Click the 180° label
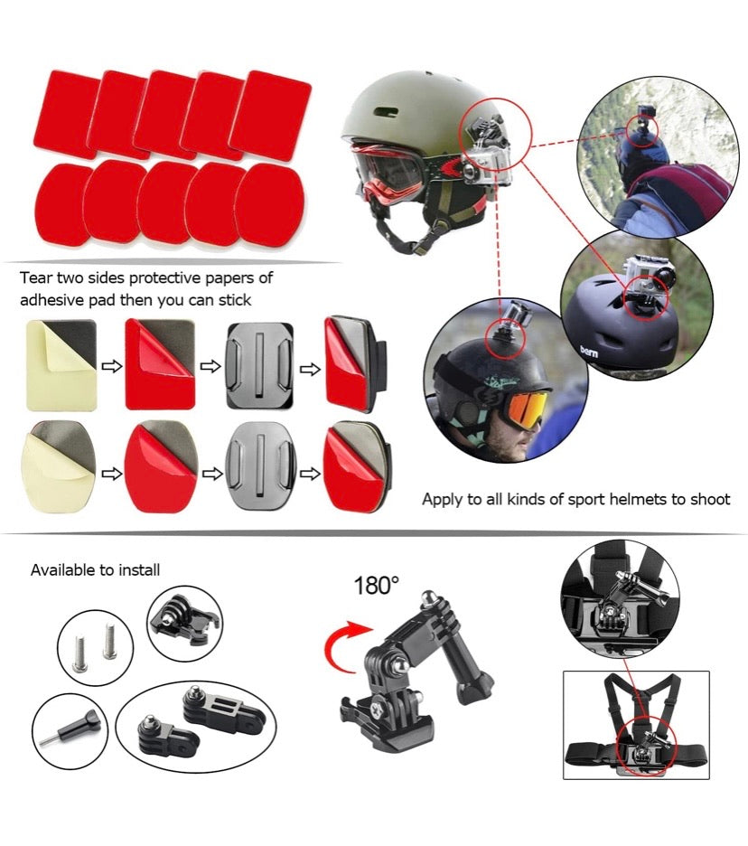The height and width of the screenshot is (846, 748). pos(376,585)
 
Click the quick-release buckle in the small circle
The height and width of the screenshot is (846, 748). pos(184,621)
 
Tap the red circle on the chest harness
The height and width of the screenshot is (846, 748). pos(640,748)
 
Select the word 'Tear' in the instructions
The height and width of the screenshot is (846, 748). pos(37,277)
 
